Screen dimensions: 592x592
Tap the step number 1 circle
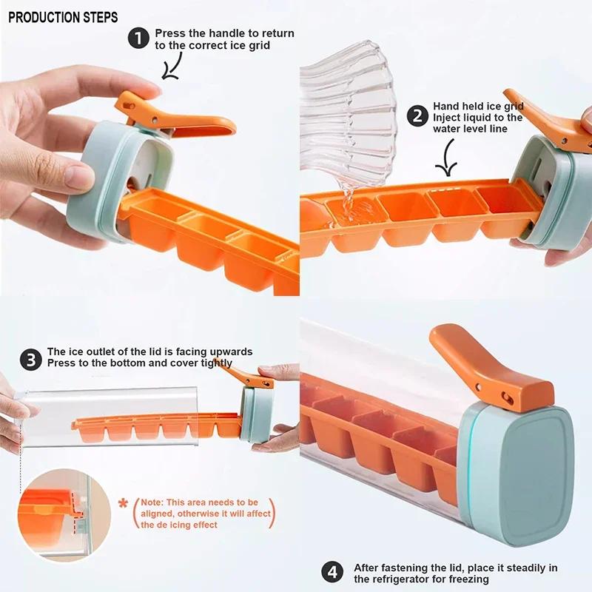(139, 38)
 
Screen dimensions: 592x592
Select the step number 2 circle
(418, 116)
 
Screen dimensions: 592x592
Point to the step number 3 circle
(31, 360)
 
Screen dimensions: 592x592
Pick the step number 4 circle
(332, 572)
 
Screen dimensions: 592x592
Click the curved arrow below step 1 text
(172, 67)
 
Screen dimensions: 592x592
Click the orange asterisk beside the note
(123, 504)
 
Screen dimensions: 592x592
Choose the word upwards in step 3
(229, 351)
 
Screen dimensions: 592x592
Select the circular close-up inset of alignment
(54, 510)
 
